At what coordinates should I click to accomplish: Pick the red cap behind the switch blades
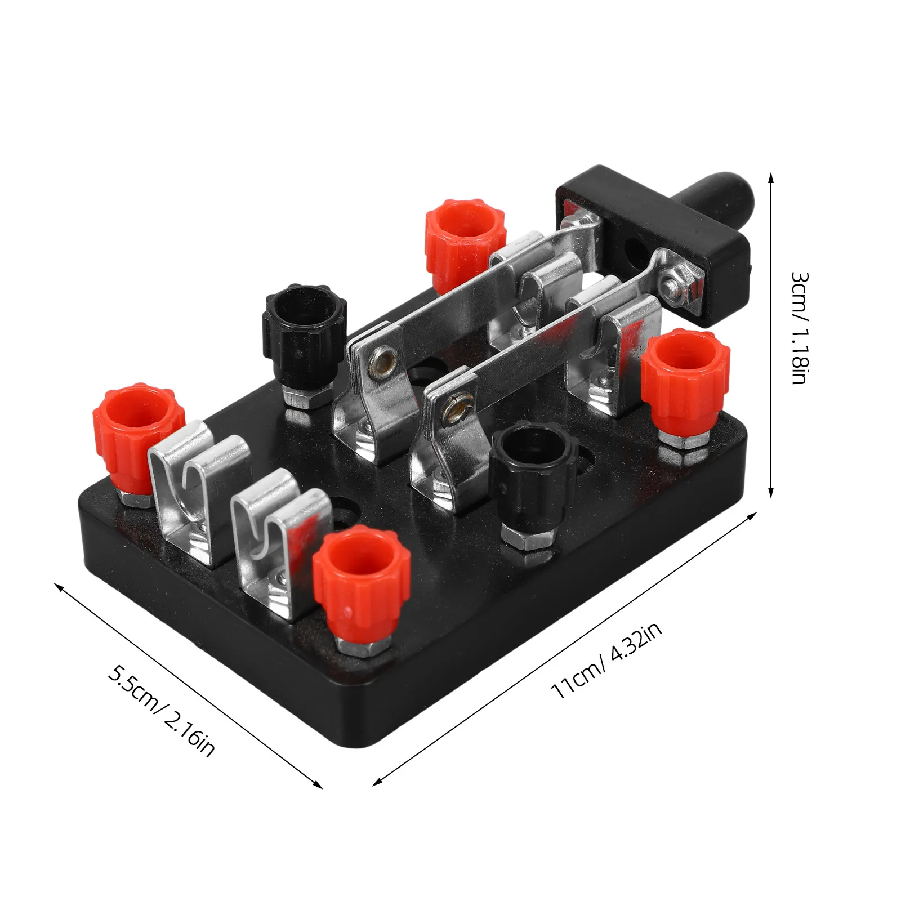click(465, 236)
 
